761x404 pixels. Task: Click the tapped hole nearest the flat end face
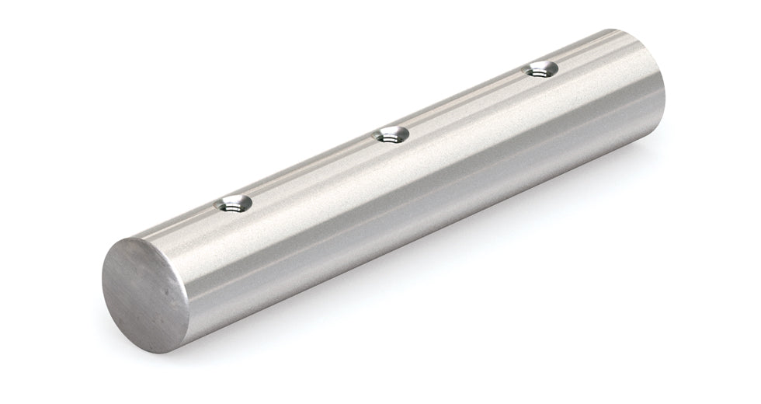[x=232, y=204]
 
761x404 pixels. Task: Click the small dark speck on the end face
[x=172, y=298]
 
